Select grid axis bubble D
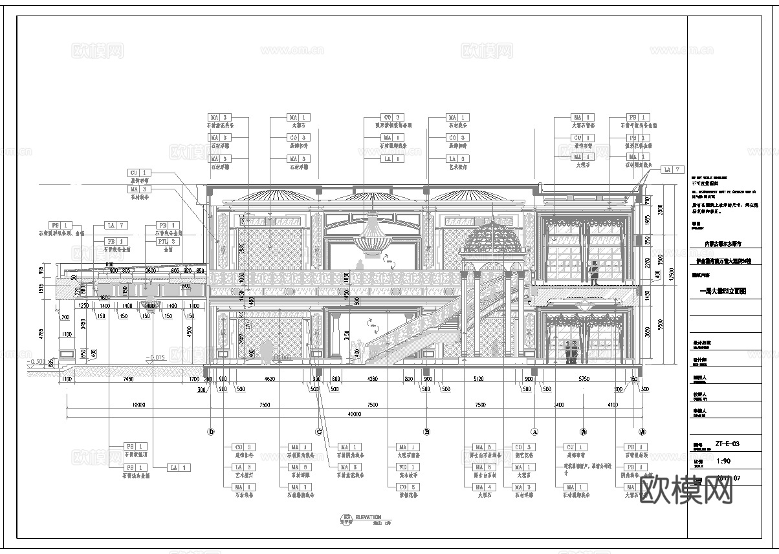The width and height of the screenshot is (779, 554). pos(210,432)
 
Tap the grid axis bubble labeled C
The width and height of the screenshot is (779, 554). pos(318,432)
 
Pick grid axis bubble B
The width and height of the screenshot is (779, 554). pos(426,432)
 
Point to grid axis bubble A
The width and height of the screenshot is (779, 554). pos(534,432)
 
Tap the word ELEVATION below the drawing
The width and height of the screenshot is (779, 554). pos(368,517)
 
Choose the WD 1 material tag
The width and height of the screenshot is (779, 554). pos(403,467)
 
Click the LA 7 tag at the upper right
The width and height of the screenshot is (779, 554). pos(672,169)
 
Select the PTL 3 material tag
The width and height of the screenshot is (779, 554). pos(163,241)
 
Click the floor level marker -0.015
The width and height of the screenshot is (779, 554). pos(157,357)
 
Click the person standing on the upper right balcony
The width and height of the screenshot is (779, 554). pos(593,273)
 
